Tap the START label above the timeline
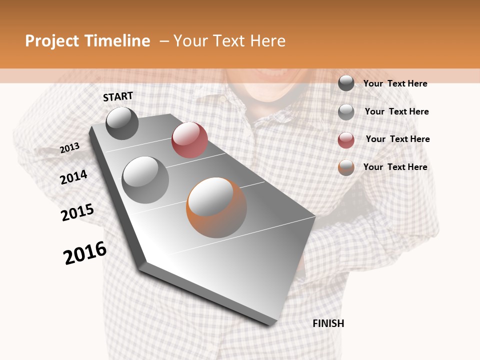(x=118, y=96)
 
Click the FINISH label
(x=328, y=323)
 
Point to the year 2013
(x=70, y=148)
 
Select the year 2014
(x=73, y=177)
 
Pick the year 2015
(x=77, y=212)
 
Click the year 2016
(x=85, y=253)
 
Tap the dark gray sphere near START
(x=122, y=123)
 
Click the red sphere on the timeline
(x=189, y=140)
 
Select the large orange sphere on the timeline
(x=216, y=207)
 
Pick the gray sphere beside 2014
(x=145, y=180)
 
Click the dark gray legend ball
(x=346, y=83)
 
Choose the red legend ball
(x=346, y=140)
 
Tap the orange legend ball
(x=346, y=167)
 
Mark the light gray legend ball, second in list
(x=346, y=112)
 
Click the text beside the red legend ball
(x=397, y=139)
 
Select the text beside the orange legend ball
(x=395, y=167)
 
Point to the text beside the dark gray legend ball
(x=395, y=83)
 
